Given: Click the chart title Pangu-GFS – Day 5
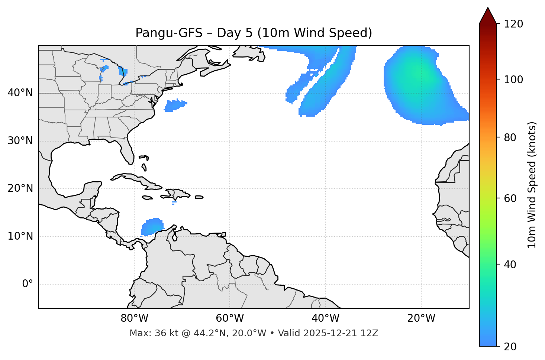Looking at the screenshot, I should click(254, 33).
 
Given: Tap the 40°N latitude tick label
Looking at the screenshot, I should click(20, 93).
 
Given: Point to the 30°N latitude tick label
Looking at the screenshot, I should click(20, 141).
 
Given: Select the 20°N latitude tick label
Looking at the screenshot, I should click(20, 188).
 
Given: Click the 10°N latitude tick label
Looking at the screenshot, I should click(20, 236).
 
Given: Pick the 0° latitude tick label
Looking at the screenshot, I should click(28, 284).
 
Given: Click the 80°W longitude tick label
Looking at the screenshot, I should click(134, 318).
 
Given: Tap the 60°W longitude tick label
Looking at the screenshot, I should click(230, 318).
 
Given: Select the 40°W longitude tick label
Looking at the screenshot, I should click(325, 318).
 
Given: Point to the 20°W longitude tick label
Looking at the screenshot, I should click(421, 318).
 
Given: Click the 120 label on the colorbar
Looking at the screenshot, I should click(513, 24).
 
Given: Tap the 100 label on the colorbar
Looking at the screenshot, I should click(513, 80).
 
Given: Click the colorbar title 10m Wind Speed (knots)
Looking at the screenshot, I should click(532, 185).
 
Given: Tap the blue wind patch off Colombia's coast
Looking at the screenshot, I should click(152, 227).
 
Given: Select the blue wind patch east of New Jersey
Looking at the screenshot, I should click(175, 105).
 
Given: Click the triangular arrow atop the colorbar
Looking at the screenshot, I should click(488, 16).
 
